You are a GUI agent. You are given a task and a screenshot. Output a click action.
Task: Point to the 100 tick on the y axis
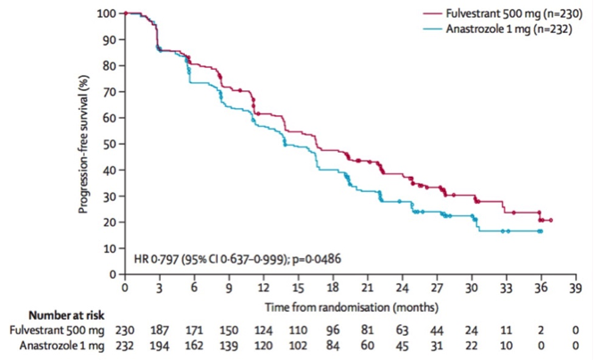108,13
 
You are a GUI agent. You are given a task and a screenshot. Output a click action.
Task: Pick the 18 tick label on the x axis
332,289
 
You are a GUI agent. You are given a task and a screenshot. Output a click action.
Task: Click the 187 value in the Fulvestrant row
159,330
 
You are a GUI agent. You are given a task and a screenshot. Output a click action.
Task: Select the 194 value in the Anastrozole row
159,344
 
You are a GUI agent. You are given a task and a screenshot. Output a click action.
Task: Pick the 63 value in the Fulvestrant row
402,330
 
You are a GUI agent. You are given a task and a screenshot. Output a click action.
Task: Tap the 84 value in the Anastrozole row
332,344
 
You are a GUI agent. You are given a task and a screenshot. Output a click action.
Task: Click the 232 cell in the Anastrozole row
124,344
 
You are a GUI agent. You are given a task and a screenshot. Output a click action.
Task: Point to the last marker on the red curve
550,220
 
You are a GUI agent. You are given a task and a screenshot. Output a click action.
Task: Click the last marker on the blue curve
540,231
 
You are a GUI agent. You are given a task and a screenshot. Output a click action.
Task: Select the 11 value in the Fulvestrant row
506,330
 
